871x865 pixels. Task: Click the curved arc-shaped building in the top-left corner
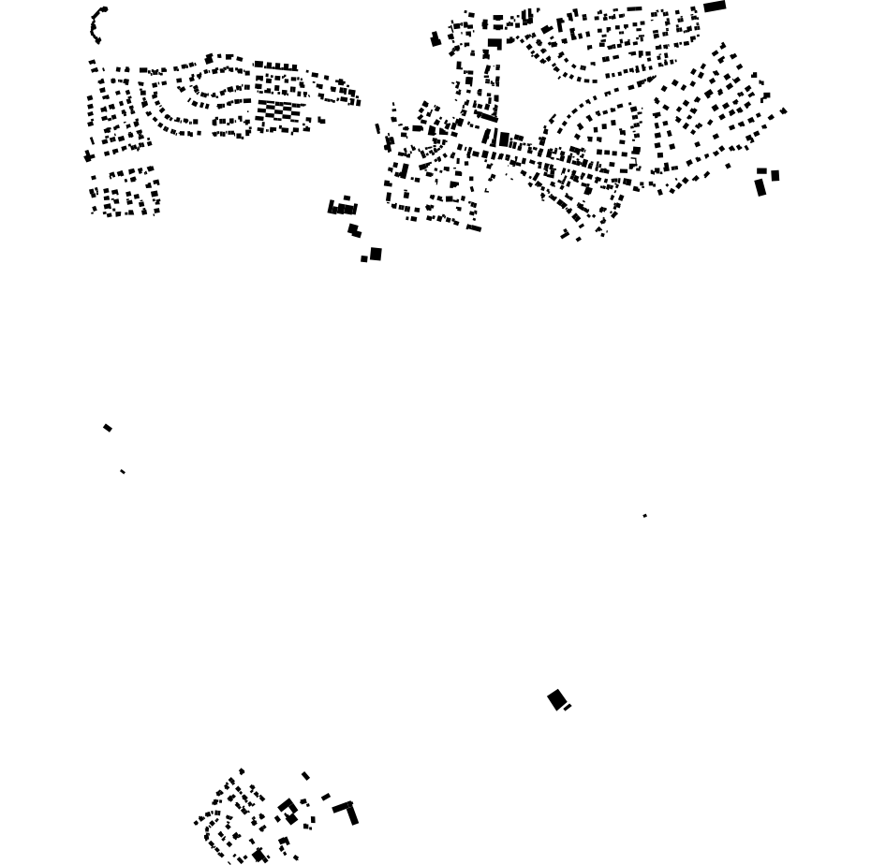tap(96, 24)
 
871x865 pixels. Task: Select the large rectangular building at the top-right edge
tap(715, 7)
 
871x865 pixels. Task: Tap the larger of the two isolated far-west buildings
tap(108, 428)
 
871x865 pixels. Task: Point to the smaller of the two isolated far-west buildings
tap(123, 472)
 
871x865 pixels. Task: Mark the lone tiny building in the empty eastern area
tap(644, 516)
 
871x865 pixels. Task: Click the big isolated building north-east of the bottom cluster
tap(556, 699)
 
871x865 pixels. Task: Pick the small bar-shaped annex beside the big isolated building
tap(568, 707)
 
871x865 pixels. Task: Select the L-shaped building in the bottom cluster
tap(347, 810)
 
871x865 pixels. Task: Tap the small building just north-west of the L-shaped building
tap(326, 797)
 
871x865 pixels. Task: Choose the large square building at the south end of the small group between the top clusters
tap(376, 254)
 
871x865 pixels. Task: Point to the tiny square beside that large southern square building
tap(364, 259)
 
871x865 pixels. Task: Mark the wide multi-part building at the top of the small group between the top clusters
tap(342, 208)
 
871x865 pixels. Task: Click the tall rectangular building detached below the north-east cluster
tap(760, 187)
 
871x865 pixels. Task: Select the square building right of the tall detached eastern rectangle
tap(775, 175)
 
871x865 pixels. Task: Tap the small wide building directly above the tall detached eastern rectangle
tap(761, 171)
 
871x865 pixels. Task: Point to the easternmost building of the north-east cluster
tap(784, 111)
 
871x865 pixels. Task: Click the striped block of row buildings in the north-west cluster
tap(279, 111)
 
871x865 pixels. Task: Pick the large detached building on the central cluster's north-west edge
tap(435, 39)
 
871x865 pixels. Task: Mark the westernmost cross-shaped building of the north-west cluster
tap(88, 156)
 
